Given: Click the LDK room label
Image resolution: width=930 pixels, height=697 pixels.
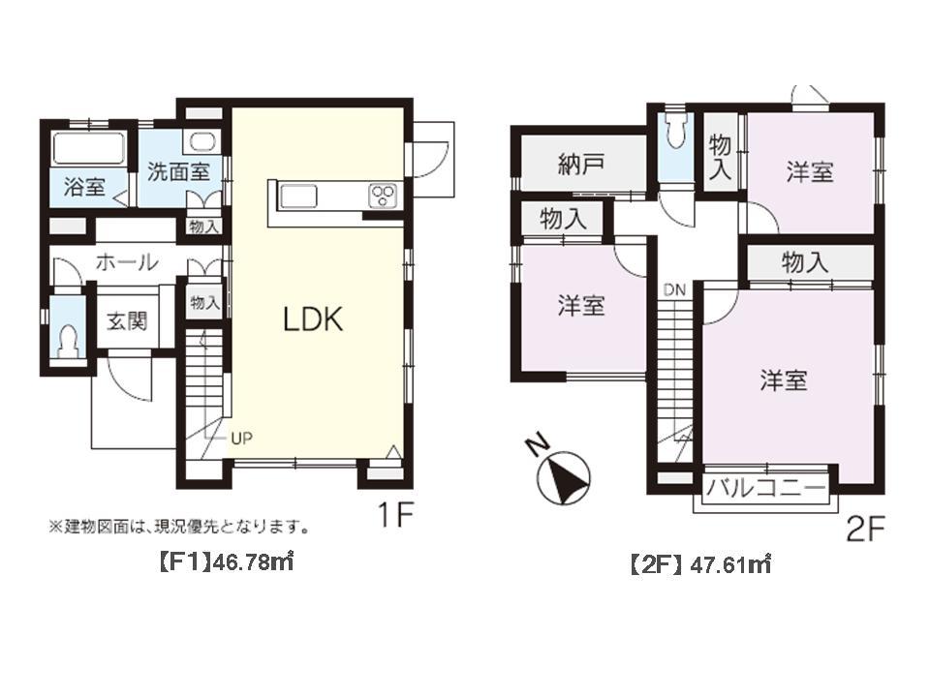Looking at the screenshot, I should [313, 319].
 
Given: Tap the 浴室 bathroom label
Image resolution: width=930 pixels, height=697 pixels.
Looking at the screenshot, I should [84, 187].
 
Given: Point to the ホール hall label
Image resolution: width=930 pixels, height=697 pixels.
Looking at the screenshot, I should [127, 261].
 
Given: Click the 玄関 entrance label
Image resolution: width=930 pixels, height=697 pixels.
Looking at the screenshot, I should [126, 321].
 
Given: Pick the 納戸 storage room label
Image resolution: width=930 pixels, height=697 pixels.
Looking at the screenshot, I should [581, 163].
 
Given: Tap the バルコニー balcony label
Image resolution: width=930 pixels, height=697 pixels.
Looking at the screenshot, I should [765, 488].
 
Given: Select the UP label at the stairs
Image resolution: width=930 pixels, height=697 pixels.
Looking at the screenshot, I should [241, 438].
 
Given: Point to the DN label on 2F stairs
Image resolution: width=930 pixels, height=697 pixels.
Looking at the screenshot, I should [674, 289].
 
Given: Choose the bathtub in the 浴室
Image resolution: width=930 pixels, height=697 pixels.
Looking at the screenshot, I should [88, 150].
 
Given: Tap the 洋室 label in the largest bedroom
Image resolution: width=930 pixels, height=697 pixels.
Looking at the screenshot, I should [783, 380].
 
